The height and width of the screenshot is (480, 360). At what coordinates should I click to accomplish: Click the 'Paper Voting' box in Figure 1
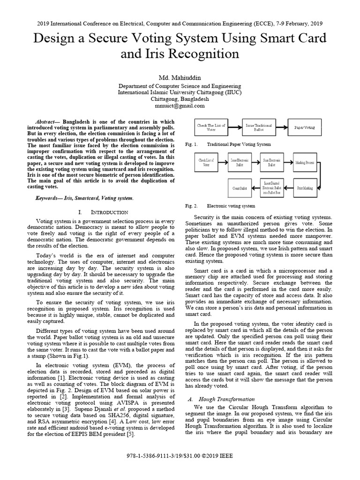coord(305,127)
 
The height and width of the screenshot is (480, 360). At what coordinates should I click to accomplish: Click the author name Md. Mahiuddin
coord(180,76)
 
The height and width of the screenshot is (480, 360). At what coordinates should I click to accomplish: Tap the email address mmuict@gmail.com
coord(180,106)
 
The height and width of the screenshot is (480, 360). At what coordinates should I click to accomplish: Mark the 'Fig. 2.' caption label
coord(191,206)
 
